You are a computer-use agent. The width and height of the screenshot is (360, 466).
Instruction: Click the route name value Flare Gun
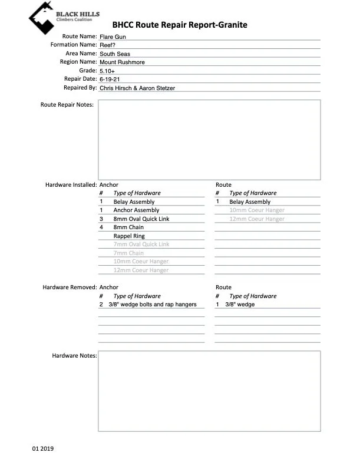pos(113,37)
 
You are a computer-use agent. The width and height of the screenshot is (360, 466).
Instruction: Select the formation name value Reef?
pos(108,45)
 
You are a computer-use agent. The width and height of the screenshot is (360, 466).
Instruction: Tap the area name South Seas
pos(115,54)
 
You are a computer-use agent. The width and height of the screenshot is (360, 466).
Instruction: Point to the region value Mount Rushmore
pos(122,62)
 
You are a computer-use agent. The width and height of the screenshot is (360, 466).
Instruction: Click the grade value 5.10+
pos(108,71)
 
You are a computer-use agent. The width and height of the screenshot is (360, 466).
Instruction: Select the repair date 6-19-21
pos(110,79)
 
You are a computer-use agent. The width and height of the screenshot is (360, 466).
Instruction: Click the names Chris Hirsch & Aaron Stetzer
pos(137,88)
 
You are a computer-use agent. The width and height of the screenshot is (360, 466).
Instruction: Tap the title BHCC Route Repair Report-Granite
pos(180,25)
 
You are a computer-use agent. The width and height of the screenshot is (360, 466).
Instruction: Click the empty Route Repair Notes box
pos(209,140)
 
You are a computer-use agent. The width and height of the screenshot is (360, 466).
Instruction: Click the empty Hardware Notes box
pos(209,391)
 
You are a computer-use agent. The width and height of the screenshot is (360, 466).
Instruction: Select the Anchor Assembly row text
pos(136,210)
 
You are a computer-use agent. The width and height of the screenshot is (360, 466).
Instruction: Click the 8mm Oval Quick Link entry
pos(141,219)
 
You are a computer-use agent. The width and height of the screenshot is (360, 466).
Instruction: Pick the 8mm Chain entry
pos(128,227)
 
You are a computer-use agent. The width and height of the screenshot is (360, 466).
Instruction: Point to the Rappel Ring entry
pos(129,236)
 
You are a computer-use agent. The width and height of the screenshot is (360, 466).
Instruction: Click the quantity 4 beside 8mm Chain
pos(101,227)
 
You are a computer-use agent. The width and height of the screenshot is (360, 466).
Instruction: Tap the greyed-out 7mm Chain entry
pos(128,253)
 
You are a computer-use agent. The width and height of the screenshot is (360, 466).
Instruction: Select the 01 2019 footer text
pos(43,449)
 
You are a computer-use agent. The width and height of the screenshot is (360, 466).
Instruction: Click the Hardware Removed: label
pos(70,287)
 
